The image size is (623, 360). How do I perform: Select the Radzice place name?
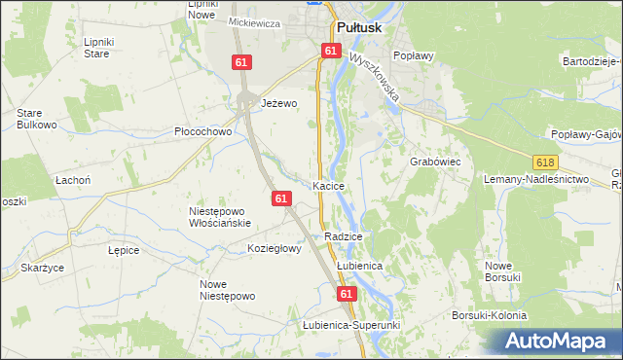point(344,236)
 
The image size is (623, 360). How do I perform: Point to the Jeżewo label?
point(278,102)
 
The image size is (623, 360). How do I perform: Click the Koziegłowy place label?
point(275,248)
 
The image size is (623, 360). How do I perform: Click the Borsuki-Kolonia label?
point(489,315)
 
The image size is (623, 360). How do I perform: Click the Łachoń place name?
point(73,180)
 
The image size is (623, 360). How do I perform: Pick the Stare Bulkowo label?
point(35,119)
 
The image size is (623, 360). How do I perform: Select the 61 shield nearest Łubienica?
point(347,292)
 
